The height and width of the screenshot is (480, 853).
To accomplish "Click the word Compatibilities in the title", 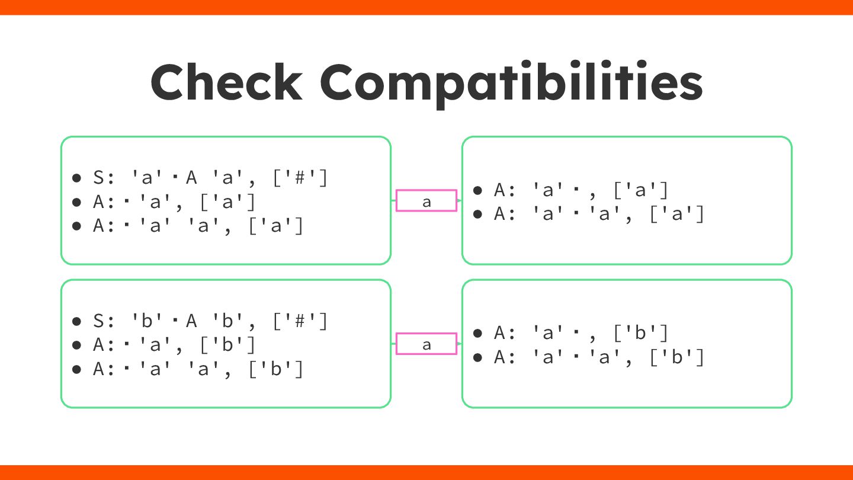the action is (x=511, y=83).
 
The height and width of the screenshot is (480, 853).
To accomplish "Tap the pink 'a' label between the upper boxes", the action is (x=426, y=201).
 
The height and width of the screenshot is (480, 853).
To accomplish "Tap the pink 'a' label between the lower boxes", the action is (x=426, y=344).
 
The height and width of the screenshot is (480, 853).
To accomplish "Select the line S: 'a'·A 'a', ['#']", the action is (x=210, y=178).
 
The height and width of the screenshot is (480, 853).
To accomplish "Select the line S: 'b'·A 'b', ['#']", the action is (x=210, y=321).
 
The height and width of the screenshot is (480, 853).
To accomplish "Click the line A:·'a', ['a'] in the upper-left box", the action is (x=174, y=202).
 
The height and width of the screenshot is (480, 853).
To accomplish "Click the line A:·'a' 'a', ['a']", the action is (x=198, y=226).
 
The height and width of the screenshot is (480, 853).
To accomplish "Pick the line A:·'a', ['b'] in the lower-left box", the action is (x=174, y=345).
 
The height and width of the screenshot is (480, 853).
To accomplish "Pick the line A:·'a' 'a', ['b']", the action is (x=198, y=369).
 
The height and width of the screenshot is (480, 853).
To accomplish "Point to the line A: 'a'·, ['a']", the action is (x=581, y=190).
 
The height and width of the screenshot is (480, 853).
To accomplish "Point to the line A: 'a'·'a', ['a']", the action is (x=599, y=214).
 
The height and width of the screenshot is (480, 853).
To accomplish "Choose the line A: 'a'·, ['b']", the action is (x=581, y=333).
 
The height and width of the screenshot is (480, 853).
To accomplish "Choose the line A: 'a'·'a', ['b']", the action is (x=599, y=357).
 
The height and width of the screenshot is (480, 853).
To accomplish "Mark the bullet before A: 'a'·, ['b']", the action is (x=478, y=334).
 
